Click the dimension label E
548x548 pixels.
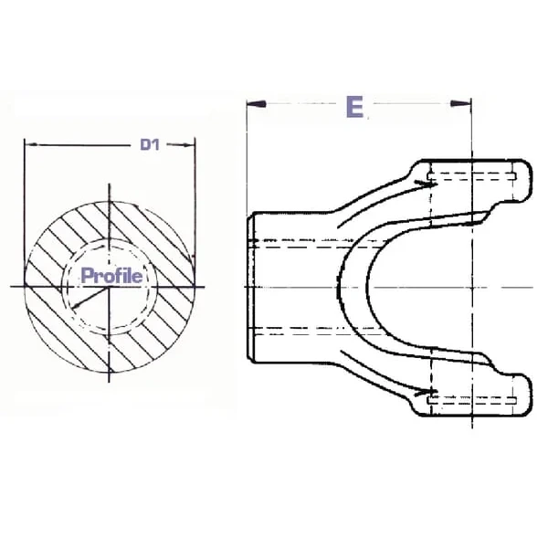[x=354, y=107]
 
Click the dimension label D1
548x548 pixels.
[x=150, y=144]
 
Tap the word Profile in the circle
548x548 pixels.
[x=111, y=276]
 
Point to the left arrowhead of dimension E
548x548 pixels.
[x=257, y=104]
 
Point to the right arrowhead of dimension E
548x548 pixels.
[x=460, y=103]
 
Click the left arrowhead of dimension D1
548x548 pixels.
[x=31, y=144]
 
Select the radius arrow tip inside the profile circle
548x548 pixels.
[x=74, y=307]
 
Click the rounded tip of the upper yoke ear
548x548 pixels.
[x=531, y=181]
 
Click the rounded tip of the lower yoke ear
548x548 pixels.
[x=531, y=395]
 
